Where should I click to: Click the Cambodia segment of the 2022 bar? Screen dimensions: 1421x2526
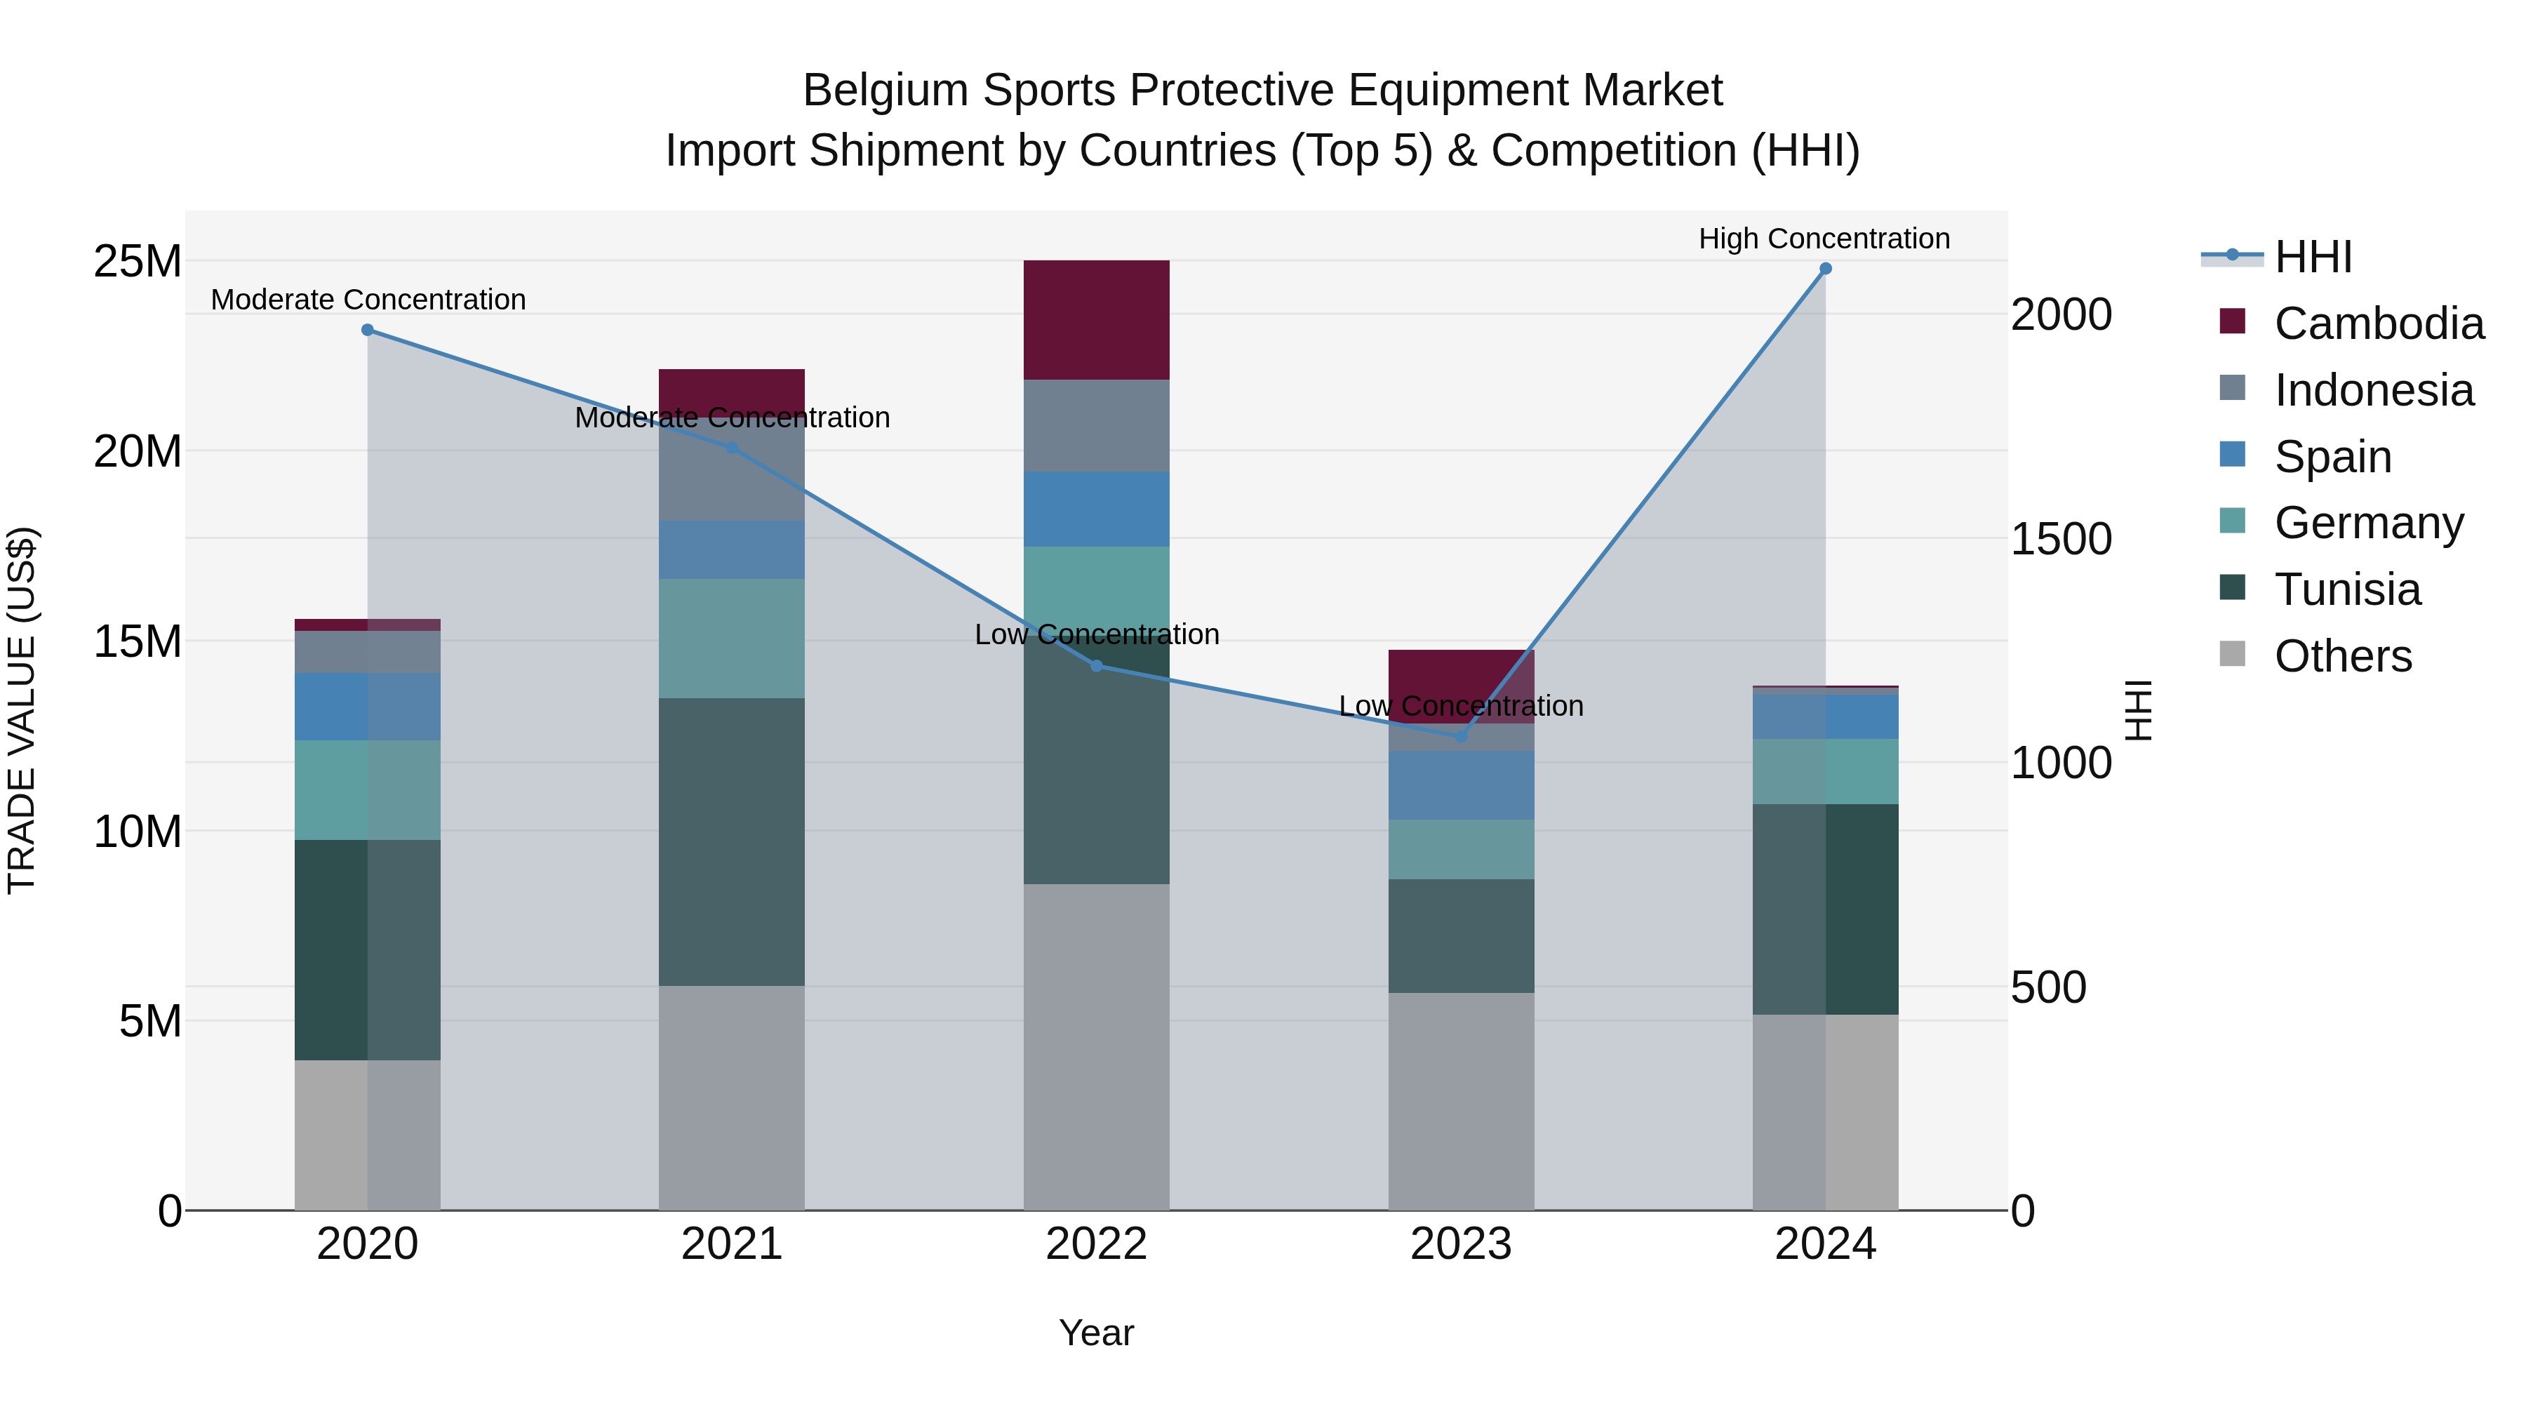click(x=1096, y=320)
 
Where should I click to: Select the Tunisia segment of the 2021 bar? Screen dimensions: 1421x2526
click(x=732, y=841)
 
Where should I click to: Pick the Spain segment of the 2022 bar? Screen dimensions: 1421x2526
click(x=1096, y=509)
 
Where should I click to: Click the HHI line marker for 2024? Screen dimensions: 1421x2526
click(x=1825, y=269)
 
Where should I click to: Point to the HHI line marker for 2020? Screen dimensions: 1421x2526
click(x=368, y=331)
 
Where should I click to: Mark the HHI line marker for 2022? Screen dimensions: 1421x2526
click(x=1096, y=666)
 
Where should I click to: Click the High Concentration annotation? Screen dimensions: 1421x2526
click(x=1824, y=239)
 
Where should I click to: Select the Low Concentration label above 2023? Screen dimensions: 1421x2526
click(x=1461, y=706)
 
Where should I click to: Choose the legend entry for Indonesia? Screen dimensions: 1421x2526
click(x=2373, y=390)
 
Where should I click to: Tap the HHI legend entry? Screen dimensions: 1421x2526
click(x=2312, y=257)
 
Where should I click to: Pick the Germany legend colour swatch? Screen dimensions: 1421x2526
click(x=2233, y=521)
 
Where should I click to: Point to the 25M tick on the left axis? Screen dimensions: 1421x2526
click(x=138, y=262)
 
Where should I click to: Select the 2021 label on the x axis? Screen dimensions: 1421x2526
click(x=732, y=1244)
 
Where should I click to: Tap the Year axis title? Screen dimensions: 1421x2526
click(x=1096, y=1333)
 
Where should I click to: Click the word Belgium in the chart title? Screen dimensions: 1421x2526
click(x=886, y=91)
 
